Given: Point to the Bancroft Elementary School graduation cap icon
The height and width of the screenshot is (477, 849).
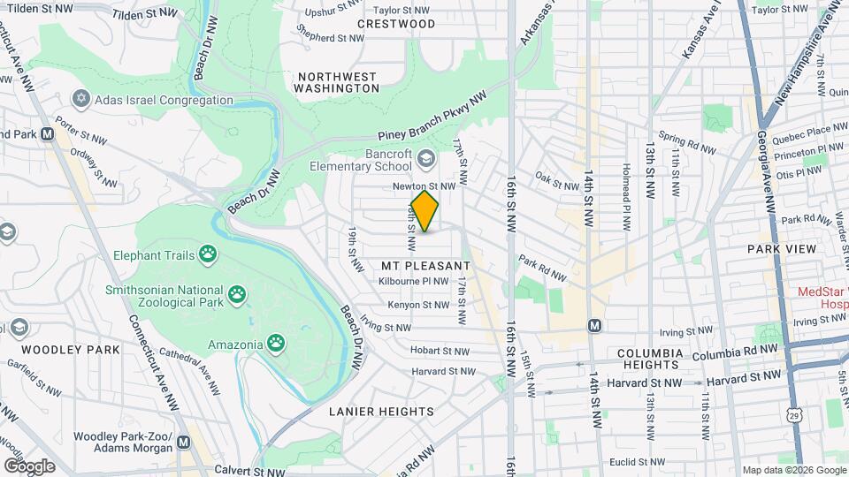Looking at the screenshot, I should tap(426, 158).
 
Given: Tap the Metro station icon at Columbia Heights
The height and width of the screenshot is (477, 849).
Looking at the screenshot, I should tap(594, 325).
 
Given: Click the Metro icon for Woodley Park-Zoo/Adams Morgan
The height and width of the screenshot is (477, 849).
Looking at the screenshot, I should tap(183, 442).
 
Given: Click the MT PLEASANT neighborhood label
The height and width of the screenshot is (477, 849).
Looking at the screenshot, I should tap(425, 265).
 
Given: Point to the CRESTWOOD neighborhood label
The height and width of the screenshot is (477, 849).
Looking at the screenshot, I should tap(396, 24).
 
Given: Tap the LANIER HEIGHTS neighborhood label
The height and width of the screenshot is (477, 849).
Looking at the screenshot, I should tap(381, 412).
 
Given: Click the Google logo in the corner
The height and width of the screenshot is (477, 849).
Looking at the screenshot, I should tap(28, 466).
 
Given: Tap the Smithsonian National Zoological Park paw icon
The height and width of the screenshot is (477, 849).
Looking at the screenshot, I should tap(237, 293).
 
